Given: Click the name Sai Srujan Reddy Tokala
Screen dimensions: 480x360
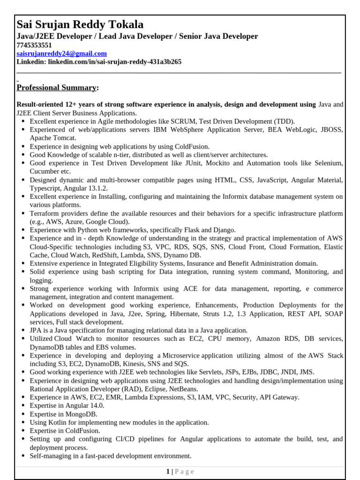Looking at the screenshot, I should tap(80, 24).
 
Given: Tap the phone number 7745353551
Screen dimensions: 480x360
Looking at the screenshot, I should tap(34, 45).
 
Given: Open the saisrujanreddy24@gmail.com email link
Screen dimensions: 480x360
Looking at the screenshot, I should tap(61, 53).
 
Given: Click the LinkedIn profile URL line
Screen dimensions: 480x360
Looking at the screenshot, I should tap(99, 62).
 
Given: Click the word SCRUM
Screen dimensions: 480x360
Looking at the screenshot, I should tap(184, 121).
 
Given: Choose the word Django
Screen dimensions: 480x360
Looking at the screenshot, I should tap(224, 230).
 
